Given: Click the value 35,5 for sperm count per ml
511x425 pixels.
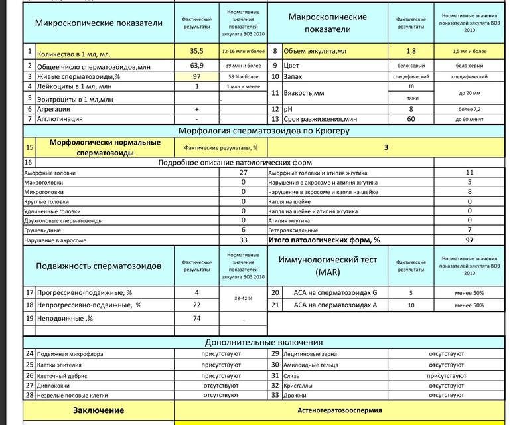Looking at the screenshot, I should tap(196, 51).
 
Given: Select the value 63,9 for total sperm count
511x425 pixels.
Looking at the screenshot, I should tap(196, 66).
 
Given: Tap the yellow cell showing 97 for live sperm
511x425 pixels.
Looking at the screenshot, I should tap(196, 76).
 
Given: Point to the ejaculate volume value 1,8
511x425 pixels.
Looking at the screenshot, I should tap(411, 51).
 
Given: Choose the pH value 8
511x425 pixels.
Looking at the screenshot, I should tap(411, 108).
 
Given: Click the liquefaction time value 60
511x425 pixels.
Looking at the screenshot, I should tap(411, 119).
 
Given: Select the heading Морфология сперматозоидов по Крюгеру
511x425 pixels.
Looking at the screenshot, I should tap(263, 131).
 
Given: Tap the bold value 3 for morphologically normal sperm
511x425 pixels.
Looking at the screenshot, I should tap(386, 147).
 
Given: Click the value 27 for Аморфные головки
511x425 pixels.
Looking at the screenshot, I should tap(244, 173).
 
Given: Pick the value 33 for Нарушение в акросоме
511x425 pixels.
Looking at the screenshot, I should tap(244, 240).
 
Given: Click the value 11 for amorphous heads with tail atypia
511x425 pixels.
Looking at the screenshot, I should tap(469, 173).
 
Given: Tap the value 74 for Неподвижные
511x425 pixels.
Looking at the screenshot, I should tap(196, 319).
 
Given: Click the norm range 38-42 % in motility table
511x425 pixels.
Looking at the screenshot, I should tap(243, 299).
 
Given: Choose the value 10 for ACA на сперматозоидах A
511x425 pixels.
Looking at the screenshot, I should tap(411, 305).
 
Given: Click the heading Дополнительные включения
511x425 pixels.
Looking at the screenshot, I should tap(263, 343).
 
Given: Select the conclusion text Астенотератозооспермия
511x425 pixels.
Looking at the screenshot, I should tap(339, 410).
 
